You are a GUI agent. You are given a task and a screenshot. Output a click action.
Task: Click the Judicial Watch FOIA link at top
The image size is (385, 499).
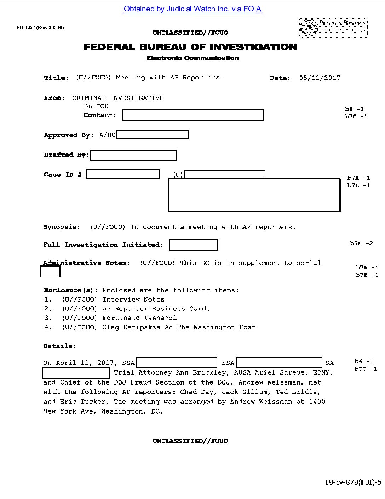click(192, 9)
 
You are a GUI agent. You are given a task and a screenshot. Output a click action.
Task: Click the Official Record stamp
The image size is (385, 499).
click(333, 28)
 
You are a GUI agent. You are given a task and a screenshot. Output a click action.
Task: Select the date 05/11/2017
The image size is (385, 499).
click(320, 78)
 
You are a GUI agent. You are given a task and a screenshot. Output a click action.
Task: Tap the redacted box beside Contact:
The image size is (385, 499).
click(193, 115)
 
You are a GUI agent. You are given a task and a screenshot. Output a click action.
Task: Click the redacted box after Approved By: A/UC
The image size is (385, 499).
click(153, 135)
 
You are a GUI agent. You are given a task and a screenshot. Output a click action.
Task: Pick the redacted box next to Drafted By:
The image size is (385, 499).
click(133, 155)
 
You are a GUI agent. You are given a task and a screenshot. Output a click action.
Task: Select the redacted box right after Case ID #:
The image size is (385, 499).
click(123, 174)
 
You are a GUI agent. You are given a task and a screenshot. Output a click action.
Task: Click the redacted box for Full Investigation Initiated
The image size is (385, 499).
click(193, 245)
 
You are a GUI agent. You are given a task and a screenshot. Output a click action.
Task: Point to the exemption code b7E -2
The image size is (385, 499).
click(361, 243)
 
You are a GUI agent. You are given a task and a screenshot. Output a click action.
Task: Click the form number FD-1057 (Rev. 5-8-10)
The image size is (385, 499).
click(40, 28)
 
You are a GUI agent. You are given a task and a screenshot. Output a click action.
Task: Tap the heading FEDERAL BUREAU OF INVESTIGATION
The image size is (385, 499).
click(190, 47)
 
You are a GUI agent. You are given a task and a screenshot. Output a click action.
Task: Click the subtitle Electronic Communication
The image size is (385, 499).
click(192, 58)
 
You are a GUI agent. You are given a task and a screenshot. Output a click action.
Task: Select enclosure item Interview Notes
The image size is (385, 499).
click(133, 299)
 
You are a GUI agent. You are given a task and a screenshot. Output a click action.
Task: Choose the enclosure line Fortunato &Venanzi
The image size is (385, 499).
click(139, 318)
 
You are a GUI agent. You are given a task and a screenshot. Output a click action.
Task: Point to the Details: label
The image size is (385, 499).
click(59, 346)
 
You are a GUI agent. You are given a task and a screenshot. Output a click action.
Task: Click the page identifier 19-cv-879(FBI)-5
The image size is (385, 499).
click(353, 482)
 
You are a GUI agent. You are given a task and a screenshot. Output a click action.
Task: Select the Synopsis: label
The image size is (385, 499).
click(62, 227)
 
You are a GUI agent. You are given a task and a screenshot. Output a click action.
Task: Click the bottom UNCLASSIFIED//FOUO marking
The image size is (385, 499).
click(190, 441)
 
